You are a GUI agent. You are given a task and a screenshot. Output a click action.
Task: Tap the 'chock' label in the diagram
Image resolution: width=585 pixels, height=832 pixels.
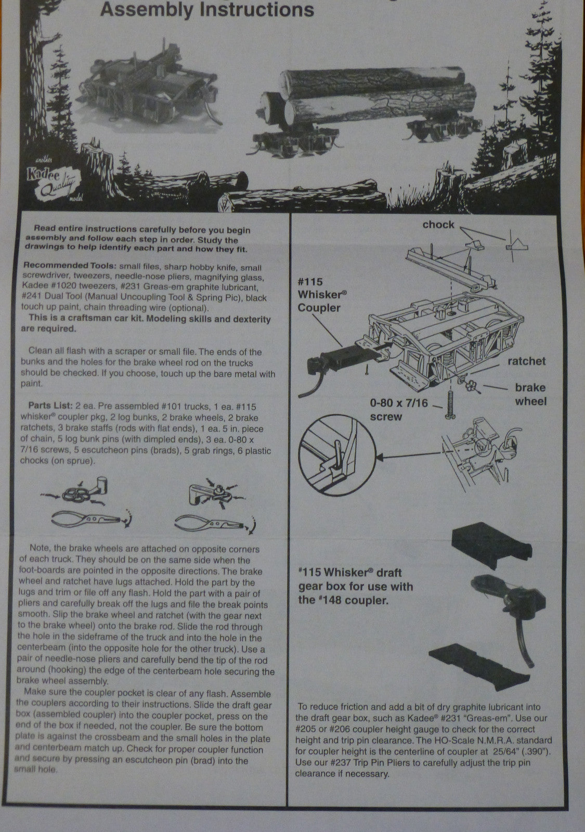[x=438, y=225]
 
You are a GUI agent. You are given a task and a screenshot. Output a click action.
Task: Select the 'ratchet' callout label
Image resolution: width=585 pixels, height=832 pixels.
[x=526, y=361]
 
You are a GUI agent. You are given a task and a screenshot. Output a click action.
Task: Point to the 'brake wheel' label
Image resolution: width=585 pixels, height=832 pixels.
[x=530, y=395]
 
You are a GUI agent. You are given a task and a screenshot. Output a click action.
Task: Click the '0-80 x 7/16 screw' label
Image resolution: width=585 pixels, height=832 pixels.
[x=398, y=410]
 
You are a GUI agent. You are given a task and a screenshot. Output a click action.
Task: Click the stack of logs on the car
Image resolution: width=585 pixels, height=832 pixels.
[x=368, y=97]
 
